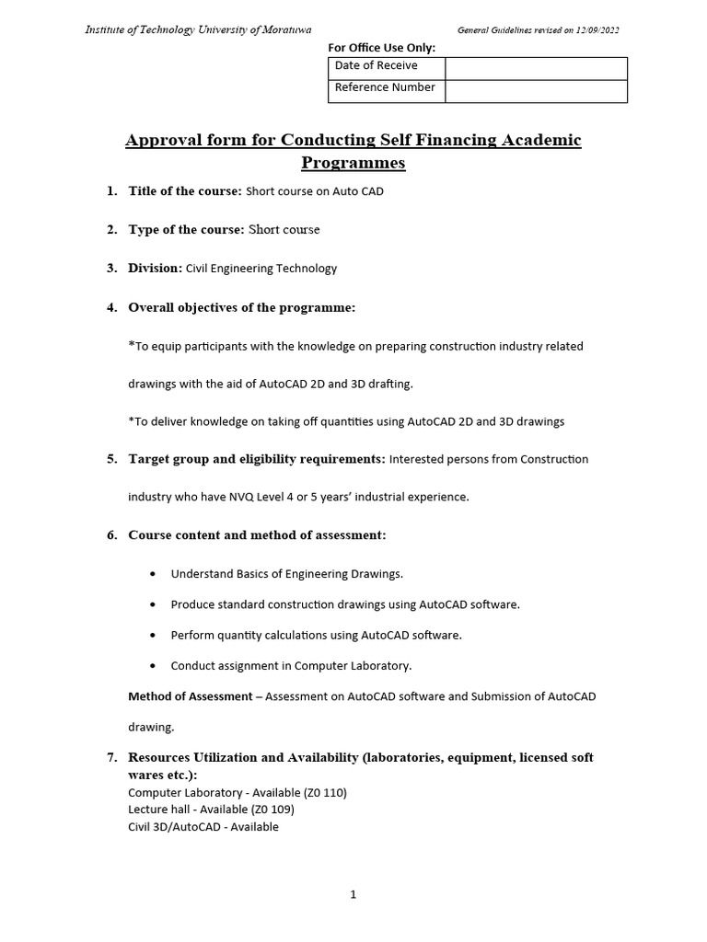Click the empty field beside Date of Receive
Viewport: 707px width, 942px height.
click(x=536, y=67)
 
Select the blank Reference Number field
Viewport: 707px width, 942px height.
click(x=536, y=90)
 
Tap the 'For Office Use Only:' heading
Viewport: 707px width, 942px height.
click(x=381, y=48)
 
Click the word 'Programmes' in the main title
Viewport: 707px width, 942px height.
click(x=353, y=163)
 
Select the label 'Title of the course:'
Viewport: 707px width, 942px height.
click(x=184, y=191)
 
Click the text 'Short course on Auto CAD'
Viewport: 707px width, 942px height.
click(x=315, y=191)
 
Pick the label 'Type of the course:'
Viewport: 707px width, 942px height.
click(x=185, y=229)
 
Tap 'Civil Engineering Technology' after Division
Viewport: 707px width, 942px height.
click(x=261, y=269)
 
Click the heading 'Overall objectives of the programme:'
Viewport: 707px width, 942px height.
click(x=241, y=307)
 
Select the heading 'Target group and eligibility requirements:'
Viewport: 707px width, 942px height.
click(x=256, y=458)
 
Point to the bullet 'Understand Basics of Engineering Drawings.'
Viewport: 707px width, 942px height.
click(x=286, y=574)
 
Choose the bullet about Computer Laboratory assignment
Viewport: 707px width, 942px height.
click(x=291, y=665)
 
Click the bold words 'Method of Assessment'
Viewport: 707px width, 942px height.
click(x=190, y=696)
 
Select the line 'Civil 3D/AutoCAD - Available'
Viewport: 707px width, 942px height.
click(x=203, y=827)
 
